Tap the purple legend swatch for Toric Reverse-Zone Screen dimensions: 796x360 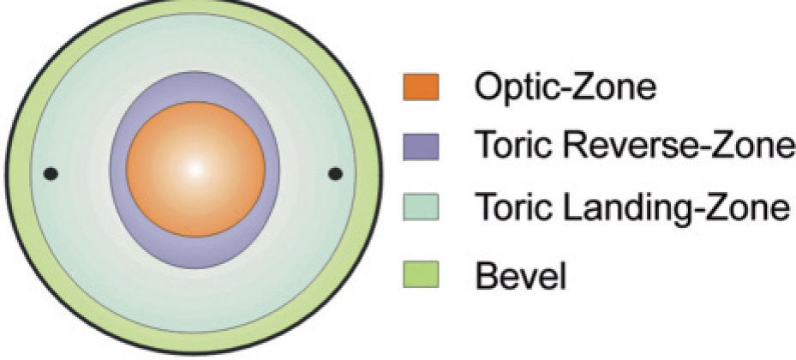(421, 146)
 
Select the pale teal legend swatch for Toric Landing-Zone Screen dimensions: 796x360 (421, 207)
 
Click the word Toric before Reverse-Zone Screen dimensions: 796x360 (511, 146)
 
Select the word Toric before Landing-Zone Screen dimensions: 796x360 (511, 207)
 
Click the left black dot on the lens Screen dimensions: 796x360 (51, 174)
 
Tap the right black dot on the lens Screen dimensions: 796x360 (335, 174)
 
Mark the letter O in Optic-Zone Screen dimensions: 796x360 (487, 87)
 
